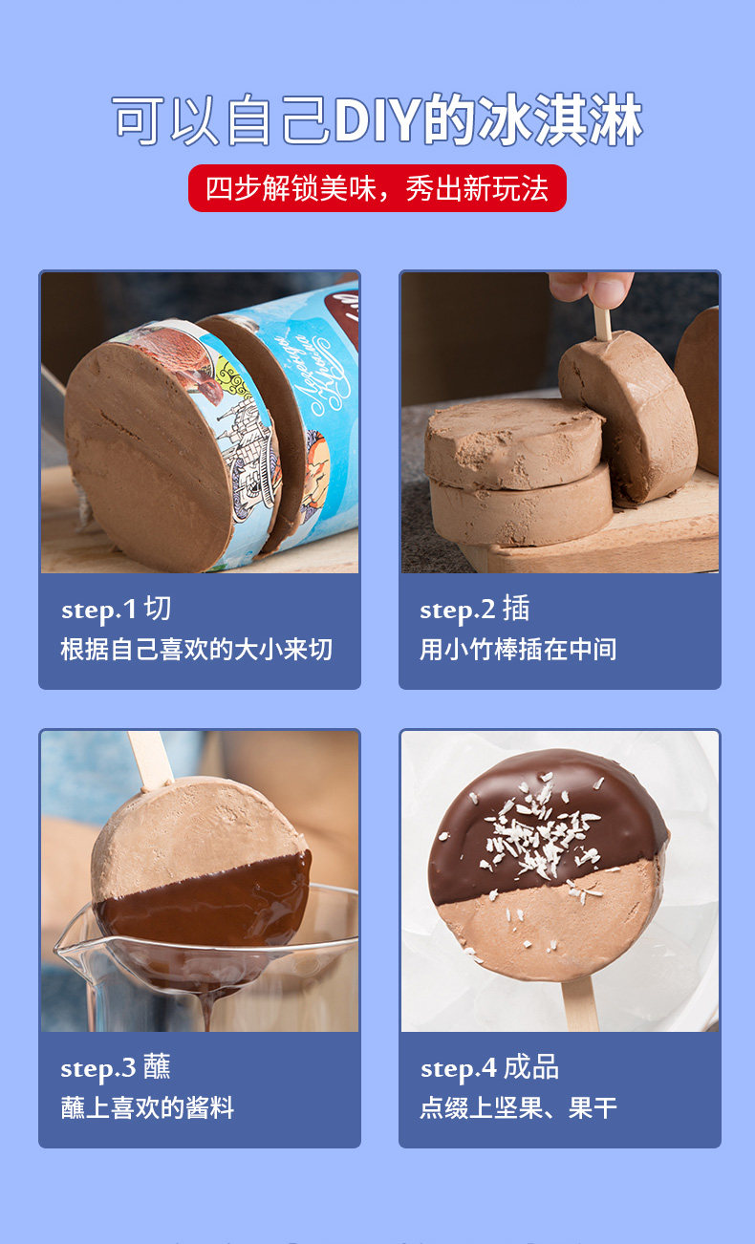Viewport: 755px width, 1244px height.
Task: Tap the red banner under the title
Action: pyautogui.click(x=377, y=188)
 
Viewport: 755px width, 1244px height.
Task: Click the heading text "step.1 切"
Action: pyautogui.click(x=116, y=609)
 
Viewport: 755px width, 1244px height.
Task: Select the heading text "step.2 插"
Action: pyautogui.click(x=474, y=609)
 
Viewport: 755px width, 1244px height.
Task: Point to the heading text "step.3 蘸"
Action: pyautogui.click(x=116, y=1067)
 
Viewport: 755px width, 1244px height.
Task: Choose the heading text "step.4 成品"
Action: pyautogui.click(x=489, y=1067)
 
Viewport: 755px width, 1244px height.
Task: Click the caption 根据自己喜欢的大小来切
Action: pyautogui.click(x=197, y=650)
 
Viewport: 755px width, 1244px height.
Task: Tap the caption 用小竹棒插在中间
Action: pyautogui.click(x=518, y=650)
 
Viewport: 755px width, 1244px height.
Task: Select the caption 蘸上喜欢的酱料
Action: pyautogui.click(x=147, y=1108)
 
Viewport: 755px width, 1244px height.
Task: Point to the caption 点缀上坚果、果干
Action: pyautogui.click(x=518, y=1108)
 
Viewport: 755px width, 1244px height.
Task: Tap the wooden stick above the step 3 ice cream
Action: pyautogui.click(x=151, y=759)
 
